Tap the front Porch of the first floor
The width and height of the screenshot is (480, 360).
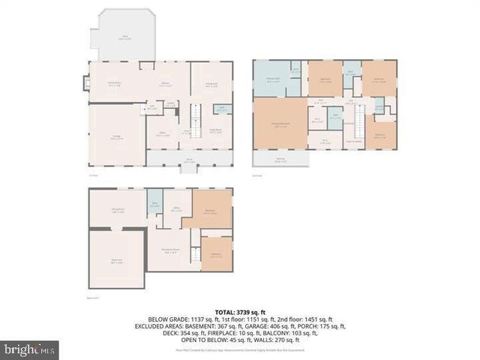pyautogui.click(x=190, y=159)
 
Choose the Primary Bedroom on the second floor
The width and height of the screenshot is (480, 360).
pyautogui.click(x=280, y=124)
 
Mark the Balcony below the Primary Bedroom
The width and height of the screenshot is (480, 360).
pyautogui.click(x=280, y=159)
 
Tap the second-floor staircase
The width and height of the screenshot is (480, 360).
pyautogui.click(x=359, y=121)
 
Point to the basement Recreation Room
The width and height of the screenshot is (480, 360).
pyautogui.click(x=169, y=250)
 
